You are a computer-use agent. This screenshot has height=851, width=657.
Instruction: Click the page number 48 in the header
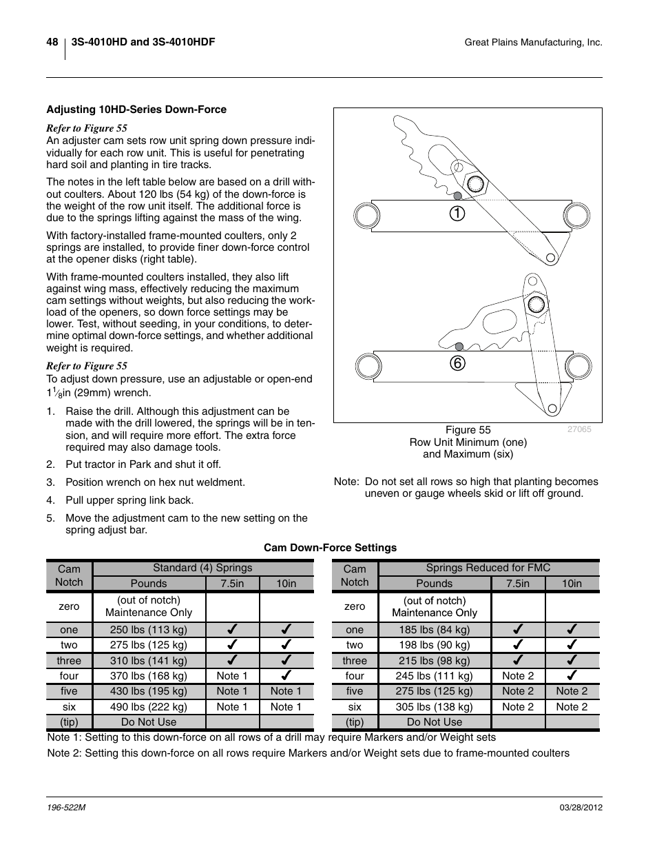pyautogui.click(x=52, y=43)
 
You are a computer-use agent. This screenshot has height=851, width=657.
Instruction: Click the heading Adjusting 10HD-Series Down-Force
pyautogui.click(x=136, y=110)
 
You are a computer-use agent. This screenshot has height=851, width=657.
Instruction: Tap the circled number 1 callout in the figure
pyautogui.click(x=457, y=214)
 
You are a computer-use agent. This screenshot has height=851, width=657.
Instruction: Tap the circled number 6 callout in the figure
pyautogui.click(x=457, y=362)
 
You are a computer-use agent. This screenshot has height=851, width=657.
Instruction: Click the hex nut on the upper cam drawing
pyautogui.click(x=474, y=184)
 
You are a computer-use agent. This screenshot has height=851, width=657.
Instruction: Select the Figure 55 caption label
pyautogui.click(x=468, y=430)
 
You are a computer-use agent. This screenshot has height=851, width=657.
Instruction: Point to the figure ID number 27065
pyautogui.click(x=579, y=429)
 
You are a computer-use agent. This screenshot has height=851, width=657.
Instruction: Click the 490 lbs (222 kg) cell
pyautogui.click(x=149, y=706)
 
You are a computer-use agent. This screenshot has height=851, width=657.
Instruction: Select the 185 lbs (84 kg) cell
pyautogui.click(x=435, y=630)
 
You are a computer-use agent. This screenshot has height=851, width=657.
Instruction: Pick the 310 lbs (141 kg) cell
pyautogui.click(x=149, y=661)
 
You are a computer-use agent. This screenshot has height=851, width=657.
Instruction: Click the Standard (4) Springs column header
pyautogui.click(x=202, y=568)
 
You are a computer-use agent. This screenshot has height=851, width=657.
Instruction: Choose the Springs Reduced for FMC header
pyautogui.click(x=488, y=568)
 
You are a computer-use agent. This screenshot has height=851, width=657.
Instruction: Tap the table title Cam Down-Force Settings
pyautogui.click(x=331, y=548)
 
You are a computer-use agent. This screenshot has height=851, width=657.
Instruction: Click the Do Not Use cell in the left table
pyautogui.click(x=149, y=722)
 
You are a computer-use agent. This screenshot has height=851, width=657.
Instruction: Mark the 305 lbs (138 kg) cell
pyautogui.click(x=435, y=706)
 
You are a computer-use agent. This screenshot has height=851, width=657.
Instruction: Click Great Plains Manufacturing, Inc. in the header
pyautogui.click(x=534, y=43)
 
